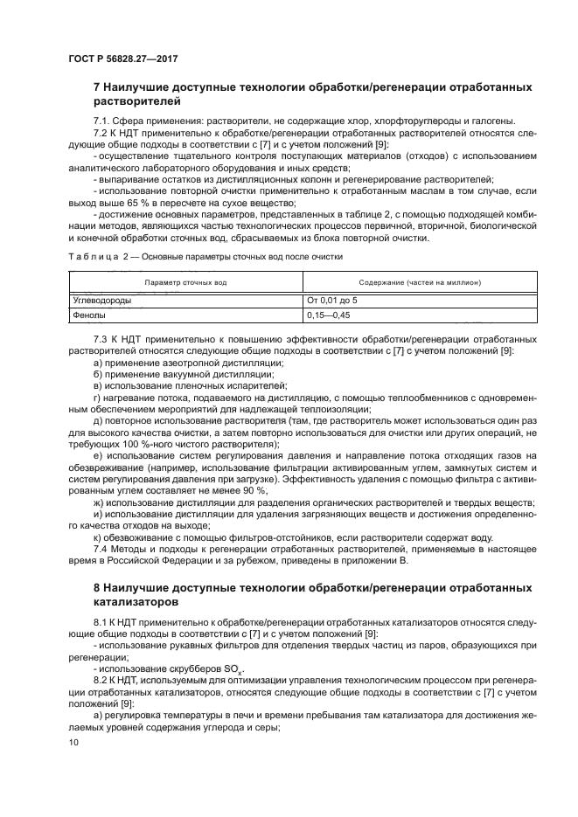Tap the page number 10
coord(73,741)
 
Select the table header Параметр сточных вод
coord(185,283)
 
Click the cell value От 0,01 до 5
coord(332,300)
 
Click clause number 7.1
coord(101,121)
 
